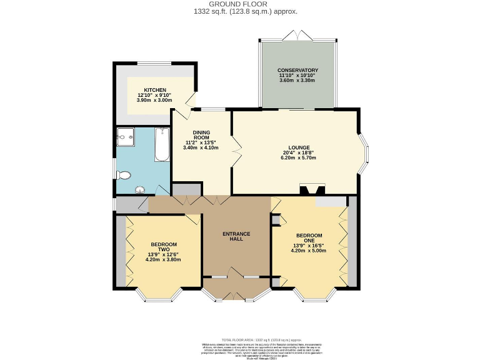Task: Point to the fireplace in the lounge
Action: click(x=311, y=189)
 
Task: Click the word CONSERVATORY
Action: click(x=298, y=70)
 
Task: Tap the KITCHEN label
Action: click(x=154, y=90)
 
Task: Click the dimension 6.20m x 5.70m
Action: click(x=298, y=158)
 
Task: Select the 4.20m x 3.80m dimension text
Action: click(x=162, y=259)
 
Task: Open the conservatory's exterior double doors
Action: click(x=297, y=35)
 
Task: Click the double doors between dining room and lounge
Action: click(x=235, y=152)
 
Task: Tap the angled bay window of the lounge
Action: click(x=362, y=152)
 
